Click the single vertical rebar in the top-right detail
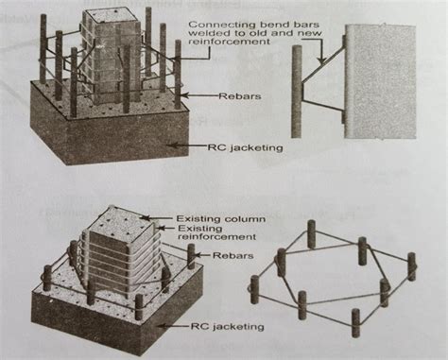(x=296, y=85)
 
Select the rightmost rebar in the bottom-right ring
(x=411, y=266)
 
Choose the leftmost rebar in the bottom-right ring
(x=254, y=288)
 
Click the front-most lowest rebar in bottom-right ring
(x=355, y=321)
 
